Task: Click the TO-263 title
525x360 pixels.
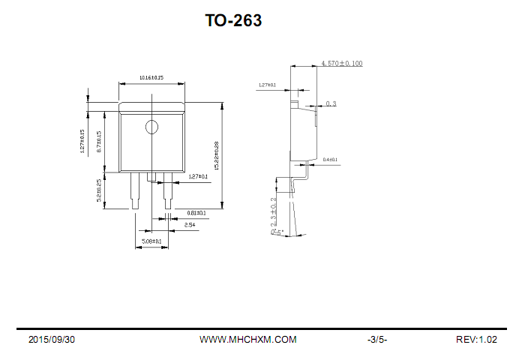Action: pos(233,21)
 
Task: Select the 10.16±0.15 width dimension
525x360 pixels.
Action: pos(151,78)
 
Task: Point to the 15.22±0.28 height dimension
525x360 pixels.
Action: pos(216,155)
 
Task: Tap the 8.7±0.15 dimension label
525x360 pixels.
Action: pos(100,141)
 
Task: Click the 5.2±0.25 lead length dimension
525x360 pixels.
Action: pos(100,191)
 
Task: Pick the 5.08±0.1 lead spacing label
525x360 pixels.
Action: pos(152,241)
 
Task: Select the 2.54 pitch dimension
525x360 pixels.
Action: pos(190,224)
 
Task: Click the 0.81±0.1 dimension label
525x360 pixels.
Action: pos(196,213)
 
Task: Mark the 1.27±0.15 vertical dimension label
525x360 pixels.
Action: pos(82,141)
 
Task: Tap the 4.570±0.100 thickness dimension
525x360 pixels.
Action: pos(341,64)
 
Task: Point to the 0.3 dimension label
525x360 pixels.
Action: pos(331,103)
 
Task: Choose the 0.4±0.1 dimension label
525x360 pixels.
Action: pos(330,160)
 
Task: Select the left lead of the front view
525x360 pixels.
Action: pos(135,191)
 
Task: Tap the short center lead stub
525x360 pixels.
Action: pos(151,176)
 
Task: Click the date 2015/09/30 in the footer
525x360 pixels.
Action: pos(52,340)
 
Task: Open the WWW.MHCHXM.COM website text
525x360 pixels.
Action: pos(247,340)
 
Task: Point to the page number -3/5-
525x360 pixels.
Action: pos(377,340)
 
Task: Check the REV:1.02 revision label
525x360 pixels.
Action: pos(476,340)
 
